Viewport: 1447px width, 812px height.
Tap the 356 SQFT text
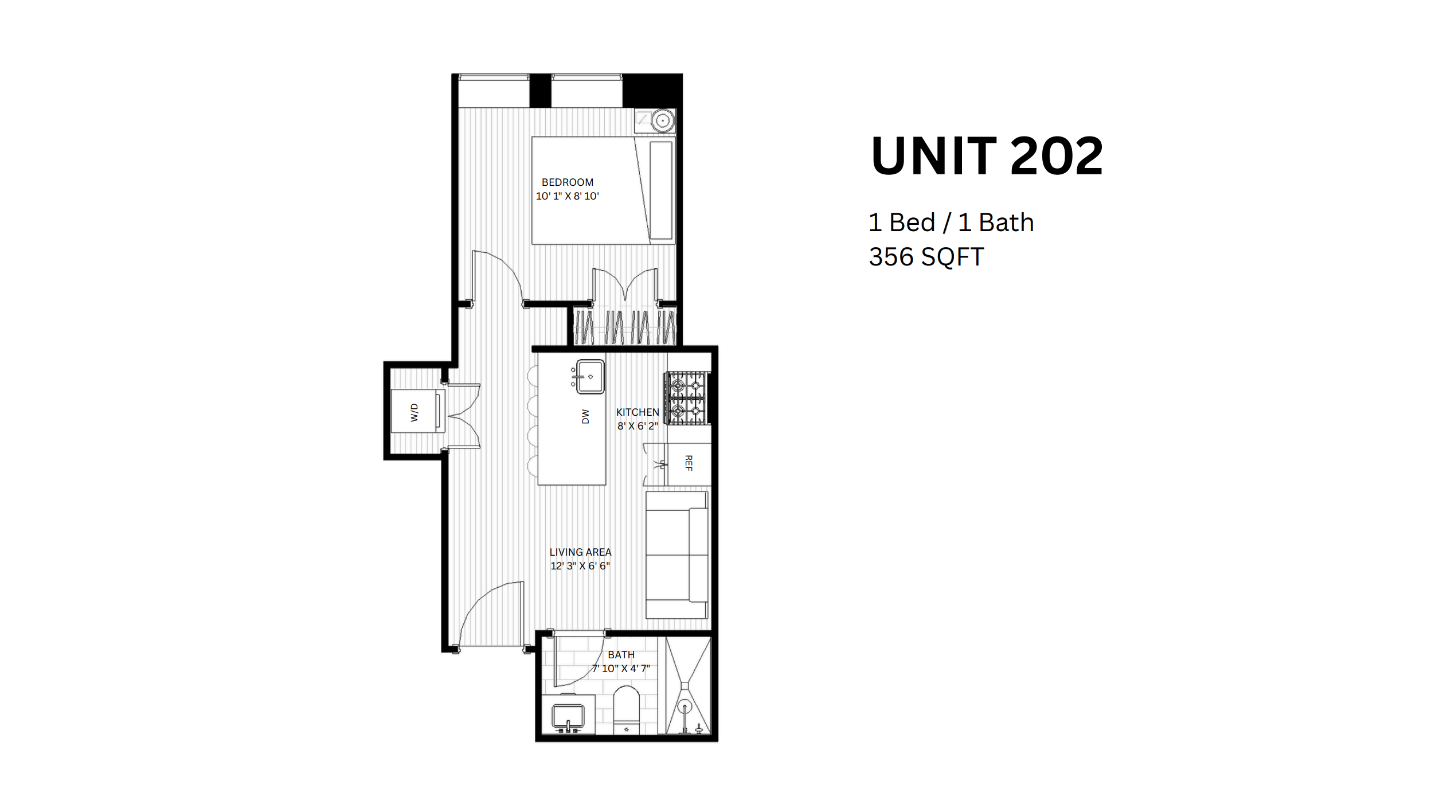coord(926,256)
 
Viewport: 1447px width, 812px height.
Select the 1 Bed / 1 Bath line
coord(951,222)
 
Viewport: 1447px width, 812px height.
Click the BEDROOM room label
coord(568,182)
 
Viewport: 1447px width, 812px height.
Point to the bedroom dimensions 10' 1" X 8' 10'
coord(568,196)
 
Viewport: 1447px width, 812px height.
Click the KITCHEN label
coord(638,412)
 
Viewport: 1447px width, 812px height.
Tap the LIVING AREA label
coord(581,552)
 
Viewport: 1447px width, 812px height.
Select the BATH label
coord(621,655)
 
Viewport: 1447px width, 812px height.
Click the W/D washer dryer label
coord(414,412)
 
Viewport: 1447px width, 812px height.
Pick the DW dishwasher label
coord(585,416)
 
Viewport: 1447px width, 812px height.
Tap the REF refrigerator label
coord(689,463)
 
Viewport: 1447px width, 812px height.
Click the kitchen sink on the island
coord(590,377)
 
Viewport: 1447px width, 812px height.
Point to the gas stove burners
coord(686,398)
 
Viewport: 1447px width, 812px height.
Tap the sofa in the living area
coord(677,555)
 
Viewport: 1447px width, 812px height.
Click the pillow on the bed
coord(661,190)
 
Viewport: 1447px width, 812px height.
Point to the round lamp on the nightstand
coord(663,121)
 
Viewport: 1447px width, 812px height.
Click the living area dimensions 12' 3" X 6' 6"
coord(580,566)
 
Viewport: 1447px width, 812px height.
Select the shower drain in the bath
coord(685,706)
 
